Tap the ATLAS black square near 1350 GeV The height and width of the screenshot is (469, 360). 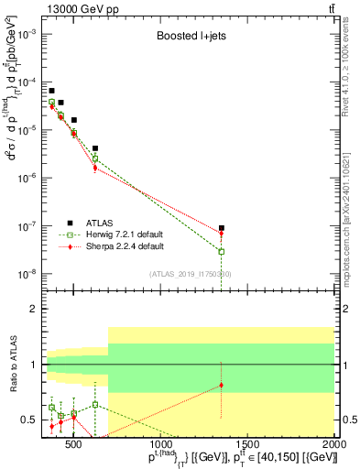pos(221,228)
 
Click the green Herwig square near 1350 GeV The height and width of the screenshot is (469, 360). pos(221,251)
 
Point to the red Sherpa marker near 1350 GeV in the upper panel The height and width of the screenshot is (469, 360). pos(221,234)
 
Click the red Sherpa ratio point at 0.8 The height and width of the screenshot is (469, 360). pos(221,386)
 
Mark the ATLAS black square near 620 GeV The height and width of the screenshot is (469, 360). pos(94,147)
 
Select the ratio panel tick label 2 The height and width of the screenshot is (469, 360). pos(32,309)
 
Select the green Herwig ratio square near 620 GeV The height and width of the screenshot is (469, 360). pos(94,404)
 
